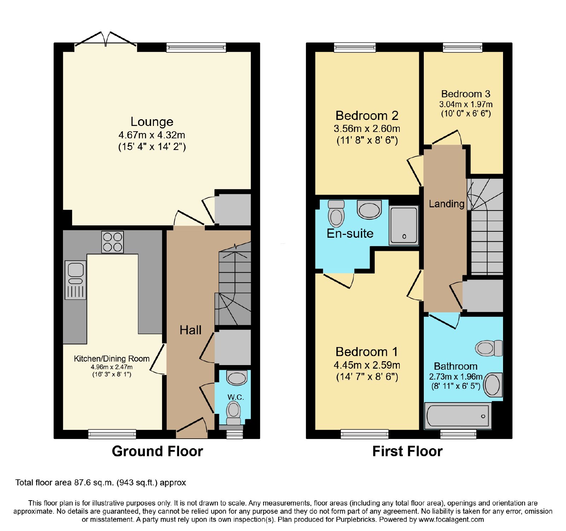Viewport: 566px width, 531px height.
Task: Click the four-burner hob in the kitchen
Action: [112, 242]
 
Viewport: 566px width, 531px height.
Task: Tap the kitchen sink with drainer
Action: [76, 280]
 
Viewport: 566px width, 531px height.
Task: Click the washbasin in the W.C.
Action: [237, 378]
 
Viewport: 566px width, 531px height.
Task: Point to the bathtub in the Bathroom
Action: [458, 415]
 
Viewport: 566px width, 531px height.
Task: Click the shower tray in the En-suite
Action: [404, 225]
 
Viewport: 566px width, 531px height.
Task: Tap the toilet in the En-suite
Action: [336, 213]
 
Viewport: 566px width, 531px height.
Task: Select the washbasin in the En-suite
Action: [369, 210]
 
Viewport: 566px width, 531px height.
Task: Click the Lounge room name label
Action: [152, 122]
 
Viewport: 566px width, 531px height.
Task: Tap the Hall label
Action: [190, 330]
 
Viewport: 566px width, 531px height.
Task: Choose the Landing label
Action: [446, 204]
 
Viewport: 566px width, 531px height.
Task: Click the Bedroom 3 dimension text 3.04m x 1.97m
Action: [466, 104]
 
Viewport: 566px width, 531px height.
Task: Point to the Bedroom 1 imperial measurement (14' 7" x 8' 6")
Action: [367, 376]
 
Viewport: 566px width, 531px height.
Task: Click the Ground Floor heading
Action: [157, 451]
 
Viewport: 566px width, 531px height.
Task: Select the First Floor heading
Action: [408, 451]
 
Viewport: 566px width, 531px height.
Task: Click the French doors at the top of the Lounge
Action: [106, 40]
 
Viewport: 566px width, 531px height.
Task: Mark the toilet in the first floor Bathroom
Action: [489, 348]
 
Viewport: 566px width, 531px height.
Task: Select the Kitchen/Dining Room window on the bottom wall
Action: [112, 434]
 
